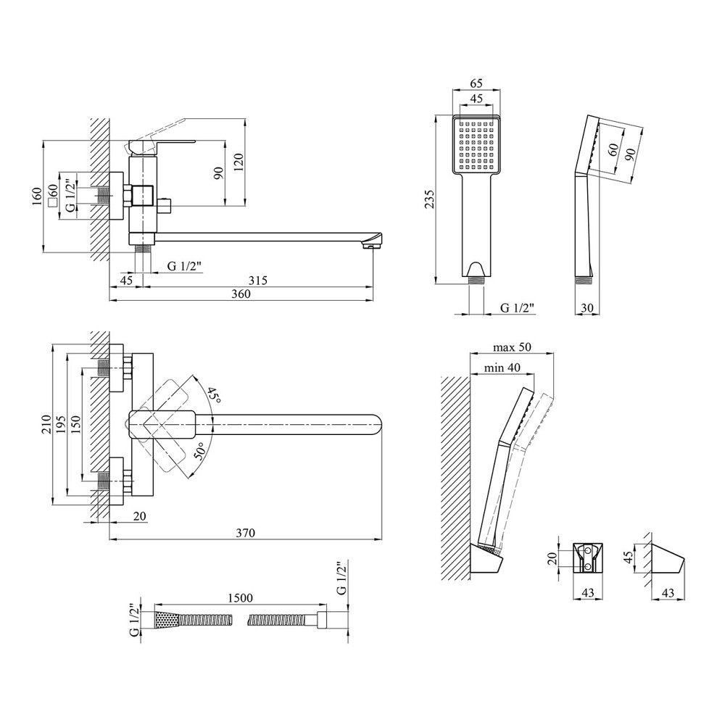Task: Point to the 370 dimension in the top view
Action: point(245,533)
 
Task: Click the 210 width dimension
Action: point(46,424)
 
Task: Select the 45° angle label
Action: point(212,396)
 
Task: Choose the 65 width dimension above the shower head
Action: point(476,84)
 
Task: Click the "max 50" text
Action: point(512,347)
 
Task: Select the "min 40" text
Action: point(502,368)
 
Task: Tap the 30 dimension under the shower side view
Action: point(587,307)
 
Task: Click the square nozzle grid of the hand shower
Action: point(476,144)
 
